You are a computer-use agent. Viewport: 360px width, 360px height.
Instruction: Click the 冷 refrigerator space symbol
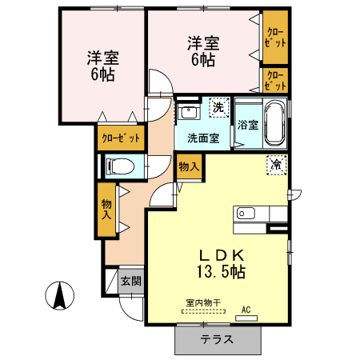point(276,165)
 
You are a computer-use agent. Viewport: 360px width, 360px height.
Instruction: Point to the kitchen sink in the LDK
point(245,214)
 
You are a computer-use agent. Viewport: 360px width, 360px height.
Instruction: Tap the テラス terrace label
point(217,339)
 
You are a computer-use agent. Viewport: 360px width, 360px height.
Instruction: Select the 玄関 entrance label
point(130,282)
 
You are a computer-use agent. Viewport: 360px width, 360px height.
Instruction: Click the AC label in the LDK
point(246,309)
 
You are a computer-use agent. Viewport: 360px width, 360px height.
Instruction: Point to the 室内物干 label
point(202,302)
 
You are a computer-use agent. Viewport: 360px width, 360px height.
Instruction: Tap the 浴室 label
point(247,125)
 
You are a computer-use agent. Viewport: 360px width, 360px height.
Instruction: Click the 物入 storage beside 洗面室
point(189,167)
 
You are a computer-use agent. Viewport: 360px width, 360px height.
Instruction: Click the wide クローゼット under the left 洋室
point(121,138)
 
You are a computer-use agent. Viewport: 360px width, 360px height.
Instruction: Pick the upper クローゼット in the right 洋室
point(274,36)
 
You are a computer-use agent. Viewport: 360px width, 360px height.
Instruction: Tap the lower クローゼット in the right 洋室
point(274,81)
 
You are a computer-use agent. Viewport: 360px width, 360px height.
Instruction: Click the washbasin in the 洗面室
point(189,112)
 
